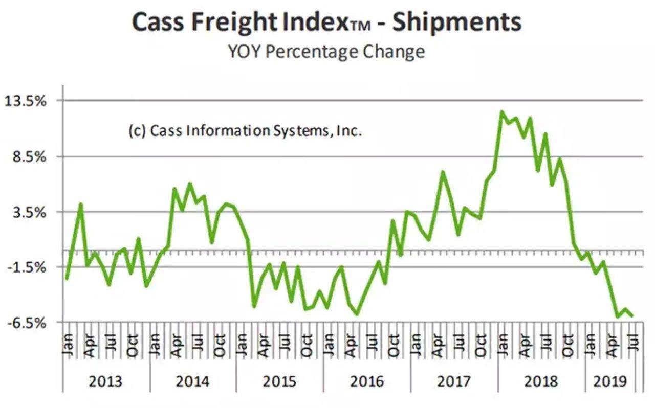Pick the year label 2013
[106, 381]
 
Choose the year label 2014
[193, 381]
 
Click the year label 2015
[280, 381]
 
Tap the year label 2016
[367, 381]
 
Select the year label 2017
[454, 381]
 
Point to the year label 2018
[541, 381]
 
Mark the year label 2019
[609, 381]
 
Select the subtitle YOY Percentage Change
[326, 52]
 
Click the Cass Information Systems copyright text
[245, 131]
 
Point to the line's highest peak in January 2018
[502, 112]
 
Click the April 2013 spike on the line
[80, 205]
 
